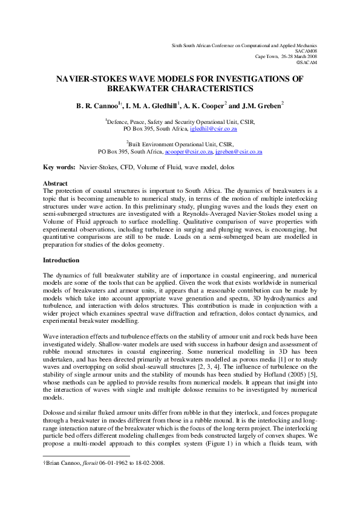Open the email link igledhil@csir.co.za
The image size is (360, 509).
pos(213,129)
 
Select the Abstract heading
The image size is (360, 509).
pos(55,183)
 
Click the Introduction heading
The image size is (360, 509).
pos(61,260)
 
